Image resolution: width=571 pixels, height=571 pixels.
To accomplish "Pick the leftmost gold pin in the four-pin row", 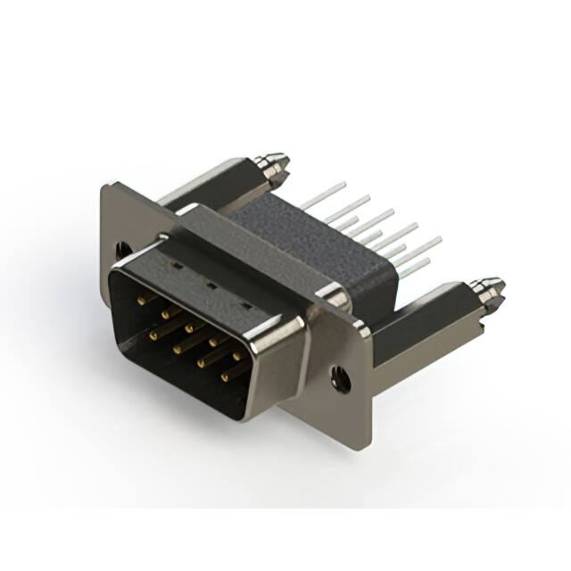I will (x=153, y=336).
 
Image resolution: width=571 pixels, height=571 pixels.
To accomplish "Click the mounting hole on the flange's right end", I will (x=340, y=381).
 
